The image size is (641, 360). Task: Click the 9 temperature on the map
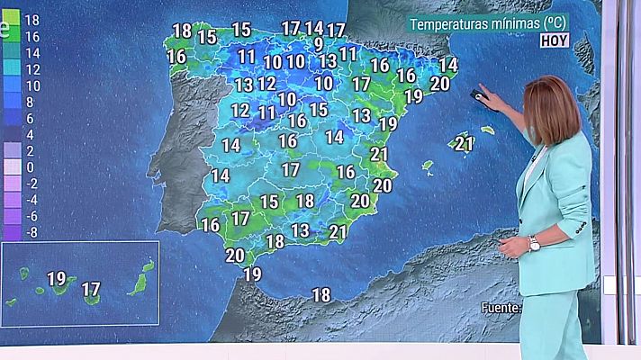(319, 43)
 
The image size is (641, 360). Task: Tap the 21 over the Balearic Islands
(465, 143)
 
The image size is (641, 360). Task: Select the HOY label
(555, 40)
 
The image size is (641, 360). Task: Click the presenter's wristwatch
(534, 243)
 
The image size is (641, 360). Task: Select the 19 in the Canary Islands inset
(56, 279)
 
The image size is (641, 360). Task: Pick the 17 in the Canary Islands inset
(91, 289)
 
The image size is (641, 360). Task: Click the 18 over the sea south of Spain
(320, 294)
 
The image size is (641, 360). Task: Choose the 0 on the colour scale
(30, 167)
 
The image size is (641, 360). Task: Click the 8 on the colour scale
(30, 102)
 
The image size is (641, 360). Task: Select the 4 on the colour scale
(30, 134)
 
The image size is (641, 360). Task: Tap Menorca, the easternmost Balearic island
(487, 130)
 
